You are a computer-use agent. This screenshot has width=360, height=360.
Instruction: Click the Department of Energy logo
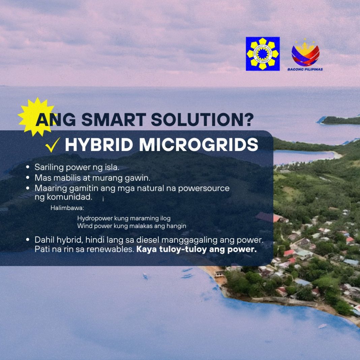pyautogui.click(x=263, y=54)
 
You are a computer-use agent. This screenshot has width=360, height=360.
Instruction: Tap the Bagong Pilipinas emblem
pyautogui.click(x=305, y=53)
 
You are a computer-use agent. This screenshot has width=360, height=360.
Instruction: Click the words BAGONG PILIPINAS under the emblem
pyautogui.click(x=305, y=69)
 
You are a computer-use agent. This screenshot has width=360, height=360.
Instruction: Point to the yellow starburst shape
pyautogui.click(x=37, y=117)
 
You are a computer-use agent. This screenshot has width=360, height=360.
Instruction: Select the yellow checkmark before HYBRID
pyautogui.click(x=53, y=145)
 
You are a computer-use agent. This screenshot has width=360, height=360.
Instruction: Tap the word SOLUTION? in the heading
pyautogui.click(x=202, y=120)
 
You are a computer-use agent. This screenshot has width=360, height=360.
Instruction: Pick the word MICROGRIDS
pyautogui.click(x=199, y=145)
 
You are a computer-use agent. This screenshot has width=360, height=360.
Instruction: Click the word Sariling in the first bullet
pyautogui.click(x=49, y=168)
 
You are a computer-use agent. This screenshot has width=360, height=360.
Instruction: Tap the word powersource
pyautogui.click(x=204, y=188)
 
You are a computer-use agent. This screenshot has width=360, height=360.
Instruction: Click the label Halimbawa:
pyautogui.click(x=67, y=208)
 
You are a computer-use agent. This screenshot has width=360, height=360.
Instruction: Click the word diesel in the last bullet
pyautogui.click(x=148, y=240)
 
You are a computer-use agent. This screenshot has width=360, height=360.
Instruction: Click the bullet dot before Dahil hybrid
pyautogui.click(x=28, y=240)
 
